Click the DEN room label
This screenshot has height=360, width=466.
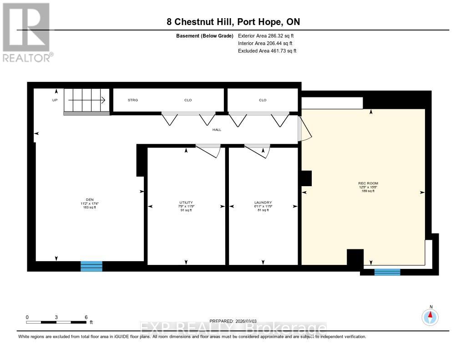tap(89, 199)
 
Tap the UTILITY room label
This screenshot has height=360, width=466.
tap(186, 202)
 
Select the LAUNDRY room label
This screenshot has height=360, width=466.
tap(263, 202)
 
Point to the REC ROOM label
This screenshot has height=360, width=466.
tap(368, 183)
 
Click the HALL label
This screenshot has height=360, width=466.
tap(217, 130)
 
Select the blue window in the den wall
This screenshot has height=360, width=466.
tap(91, 266)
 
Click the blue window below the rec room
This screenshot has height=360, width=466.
tap(387, 272)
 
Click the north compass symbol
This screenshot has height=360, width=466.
tap(430, 316)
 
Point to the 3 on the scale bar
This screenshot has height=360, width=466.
tap(56, 317)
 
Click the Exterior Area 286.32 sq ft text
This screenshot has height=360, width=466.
tap(267, 35)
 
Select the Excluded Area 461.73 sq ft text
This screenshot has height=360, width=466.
tap(267, 51)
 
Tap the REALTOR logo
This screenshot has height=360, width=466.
tap(27, 32)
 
